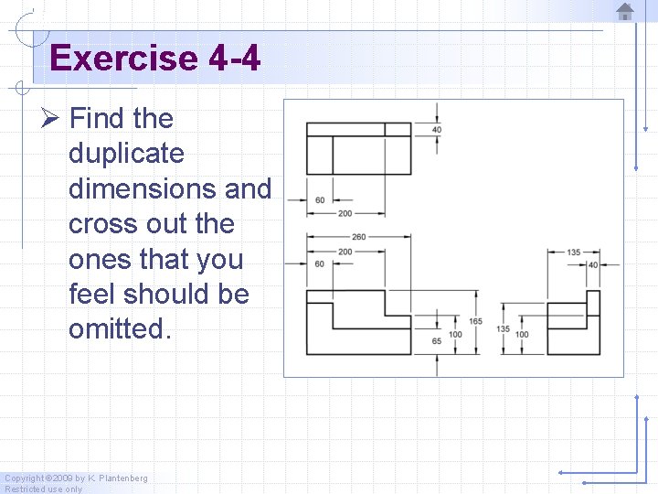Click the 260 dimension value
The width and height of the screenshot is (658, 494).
[357, 237]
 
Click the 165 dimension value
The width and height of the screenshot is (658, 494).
[476, 321]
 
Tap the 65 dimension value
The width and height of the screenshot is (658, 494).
[436, 340]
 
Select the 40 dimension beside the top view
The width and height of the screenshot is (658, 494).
[437, 130]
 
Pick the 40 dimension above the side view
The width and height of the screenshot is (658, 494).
[592, 264]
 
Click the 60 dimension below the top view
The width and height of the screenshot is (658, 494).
[320, 199]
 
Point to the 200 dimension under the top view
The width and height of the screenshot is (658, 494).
[345, 213]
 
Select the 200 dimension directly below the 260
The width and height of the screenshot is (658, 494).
[345, 251]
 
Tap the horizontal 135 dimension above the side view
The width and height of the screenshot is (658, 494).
[574, 252]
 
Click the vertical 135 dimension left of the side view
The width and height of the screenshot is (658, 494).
[503, 328]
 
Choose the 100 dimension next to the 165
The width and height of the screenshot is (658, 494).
[455, 334]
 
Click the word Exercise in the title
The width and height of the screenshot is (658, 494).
[123, 59]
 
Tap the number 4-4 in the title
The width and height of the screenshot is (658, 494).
[234, 59]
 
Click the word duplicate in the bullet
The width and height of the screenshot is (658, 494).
[126, 154]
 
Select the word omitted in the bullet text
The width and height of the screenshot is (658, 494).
[119, 328]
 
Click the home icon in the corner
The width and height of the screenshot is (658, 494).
[625, 12]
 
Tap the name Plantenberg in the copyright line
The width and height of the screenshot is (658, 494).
[123, 478]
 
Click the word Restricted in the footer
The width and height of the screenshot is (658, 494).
[24, 489]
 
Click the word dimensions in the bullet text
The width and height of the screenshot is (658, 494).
[146, 188]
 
